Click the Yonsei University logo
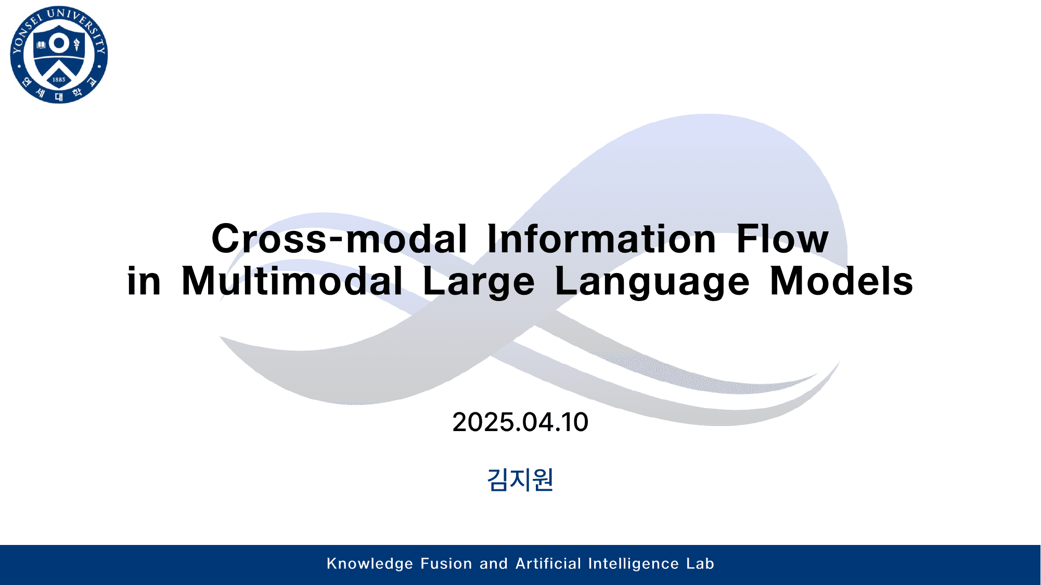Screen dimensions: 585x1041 pos(59,55)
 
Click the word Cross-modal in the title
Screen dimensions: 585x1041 pos(339,239)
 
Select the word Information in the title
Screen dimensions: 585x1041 pos(601,239)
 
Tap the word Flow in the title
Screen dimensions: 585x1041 pos(782,239)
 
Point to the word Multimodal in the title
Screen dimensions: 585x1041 pos(292,281)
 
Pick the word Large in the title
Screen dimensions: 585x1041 pos(479,281)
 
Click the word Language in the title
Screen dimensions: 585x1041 pos(652,281)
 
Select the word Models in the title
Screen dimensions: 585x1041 pos(841,281)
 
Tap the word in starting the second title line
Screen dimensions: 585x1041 pos(144,281)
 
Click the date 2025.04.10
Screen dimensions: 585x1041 pos(520,422)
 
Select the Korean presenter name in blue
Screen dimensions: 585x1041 pos(520,479)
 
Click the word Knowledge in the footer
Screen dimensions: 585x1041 pos(370,564)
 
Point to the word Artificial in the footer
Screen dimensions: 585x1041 pos(548,564)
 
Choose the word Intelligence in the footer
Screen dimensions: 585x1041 pos(634,564)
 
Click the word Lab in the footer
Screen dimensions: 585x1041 pos(700,564)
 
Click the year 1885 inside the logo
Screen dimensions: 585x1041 pos(59,80)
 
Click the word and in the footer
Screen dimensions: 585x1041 pos(493,564)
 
